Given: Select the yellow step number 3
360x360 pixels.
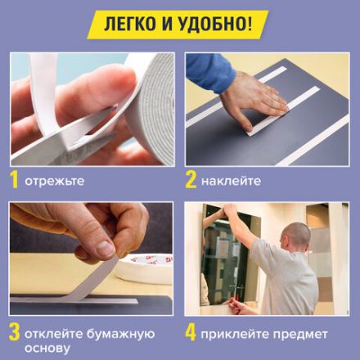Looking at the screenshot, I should pos(14,334).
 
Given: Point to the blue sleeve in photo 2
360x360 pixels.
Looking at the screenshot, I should pos(209,70).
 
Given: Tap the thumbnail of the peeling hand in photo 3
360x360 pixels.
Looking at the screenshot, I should pos(105,246).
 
